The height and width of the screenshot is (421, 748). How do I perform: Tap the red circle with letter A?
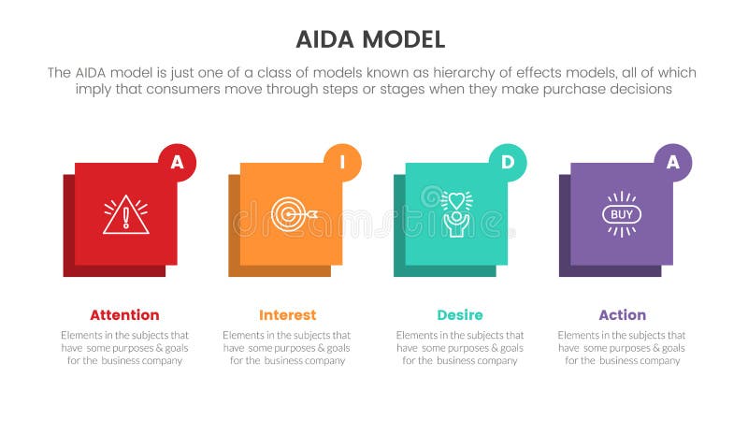click(177, 162)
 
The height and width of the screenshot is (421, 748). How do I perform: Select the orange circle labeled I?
click(342, 162)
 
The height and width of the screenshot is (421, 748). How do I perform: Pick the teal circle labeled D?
click(508, 162)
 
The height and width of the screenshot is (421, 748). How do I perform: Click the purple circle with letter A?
click(672, 162)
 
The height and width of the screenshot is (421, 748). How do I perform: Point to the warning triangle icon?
click(126, 215)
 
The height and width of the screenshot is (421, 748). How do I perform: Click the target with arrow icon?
click(292, 214)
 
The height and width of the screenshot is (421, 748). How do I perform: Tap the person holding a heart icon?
click(456, 214)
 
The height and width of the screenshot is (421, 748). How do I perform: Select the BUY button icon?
click(622, 214)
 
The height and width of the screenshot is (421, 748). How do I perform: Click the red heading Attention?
click(124, 315)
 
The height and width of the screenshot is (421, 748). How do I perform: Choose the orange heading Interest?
click(287, 315)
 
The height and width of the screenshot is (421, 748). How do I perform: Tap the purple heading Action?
click(622, 315)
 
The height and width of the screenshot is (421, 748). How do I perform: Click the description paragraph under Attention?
click(124, 348)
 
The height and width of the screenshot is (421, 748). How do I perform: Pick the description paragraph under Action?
click(622, 348)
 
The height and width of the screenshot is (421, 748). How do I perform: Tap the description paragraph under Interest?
click(287, 348)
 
